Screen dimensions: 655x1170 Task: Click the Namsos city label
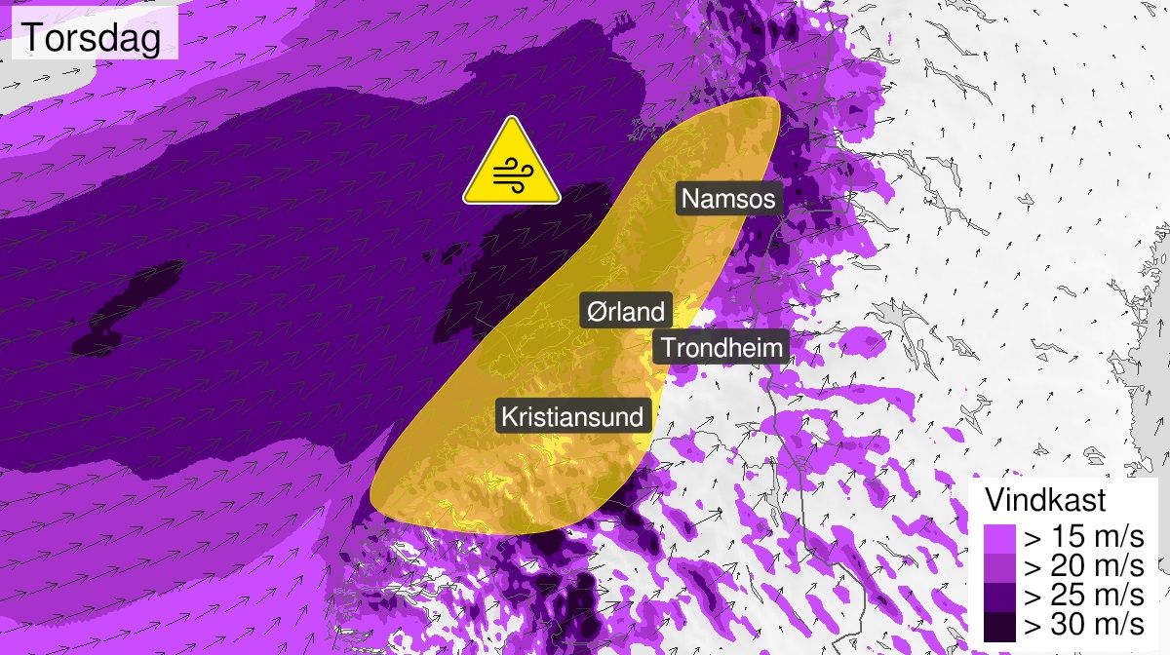(728, 199)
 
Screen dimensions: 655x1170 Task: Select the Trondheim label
(721, 347)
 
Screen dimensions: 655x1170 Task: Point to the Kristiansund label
(572, 417)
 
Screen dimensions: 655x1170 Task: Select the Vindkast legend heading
(1045, 500)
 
